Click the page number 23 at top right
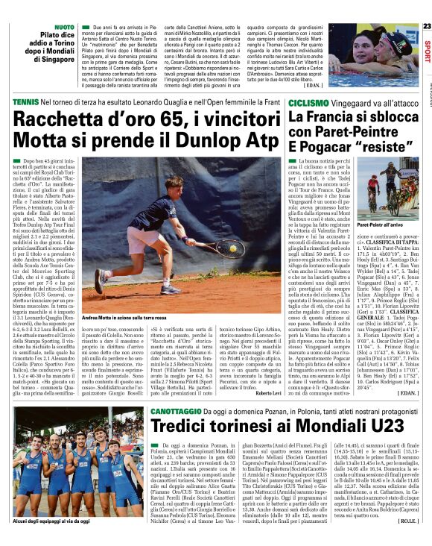click(x=426, y=26)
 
